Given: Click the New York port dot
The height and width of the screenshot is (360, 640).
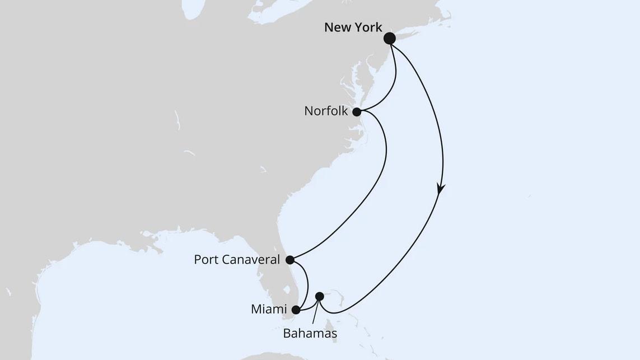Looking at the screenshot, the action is pos(390,38).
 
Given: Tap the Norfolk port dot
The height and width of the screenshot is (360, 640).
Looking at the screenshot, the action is pos(357,111).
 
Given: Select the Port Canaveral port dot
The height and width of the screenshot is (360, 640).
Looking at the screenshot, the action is pos(289,260).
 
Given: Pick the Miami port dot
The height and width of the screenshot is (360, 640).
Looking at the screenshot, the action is pos(296,308).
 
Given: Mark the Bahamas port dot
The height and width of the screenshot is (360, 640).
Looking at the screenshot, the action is pos(319,296).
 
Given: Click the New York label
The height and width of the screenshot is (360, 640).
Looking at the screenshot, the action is pos(353,27).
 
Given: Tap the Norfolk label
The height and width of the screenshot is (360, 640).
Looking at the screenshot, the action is pos(326,111).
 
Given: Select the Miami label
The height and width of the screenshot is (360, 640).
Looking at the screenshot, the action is pos(270,309).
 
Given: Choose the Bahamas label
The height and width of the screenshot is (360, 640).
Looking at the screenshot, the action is pos(310,334).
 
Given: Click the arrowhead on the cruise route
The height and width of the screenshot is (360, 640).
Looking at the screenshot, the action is pos(441,190).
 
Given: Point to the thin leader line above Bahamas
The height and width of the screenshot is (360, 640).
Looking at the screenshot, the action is pos(315,311).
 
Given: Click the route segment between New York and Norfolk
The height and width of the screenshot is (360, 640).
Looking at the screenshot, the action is pos(393,84).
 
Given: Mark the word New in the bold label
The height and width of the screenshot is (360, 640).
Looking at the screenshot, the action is pos(337,27).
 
